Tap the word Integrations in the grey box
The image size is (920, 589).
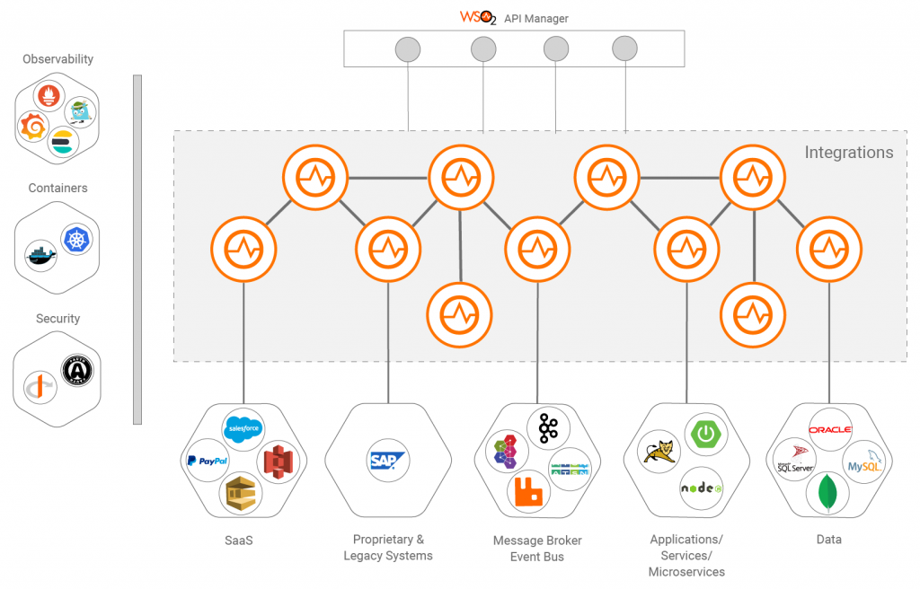pos(848,152)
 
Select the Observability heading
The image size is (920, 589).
pos(58,59)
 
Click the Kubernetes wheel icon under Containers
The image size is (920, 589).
pos(76,238)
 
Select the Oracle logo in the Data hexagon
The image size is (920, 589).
pos(829,429)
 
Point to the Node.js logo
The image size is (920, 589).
pos(701,488)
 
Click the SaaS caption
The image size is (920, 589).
pos(239,541)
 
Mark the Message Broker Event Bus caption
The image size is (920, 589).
pos(537,548)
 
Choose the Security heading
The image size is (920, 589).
pos(57,319)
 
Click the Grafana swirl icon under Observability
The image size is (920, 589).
pos(33,127)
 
